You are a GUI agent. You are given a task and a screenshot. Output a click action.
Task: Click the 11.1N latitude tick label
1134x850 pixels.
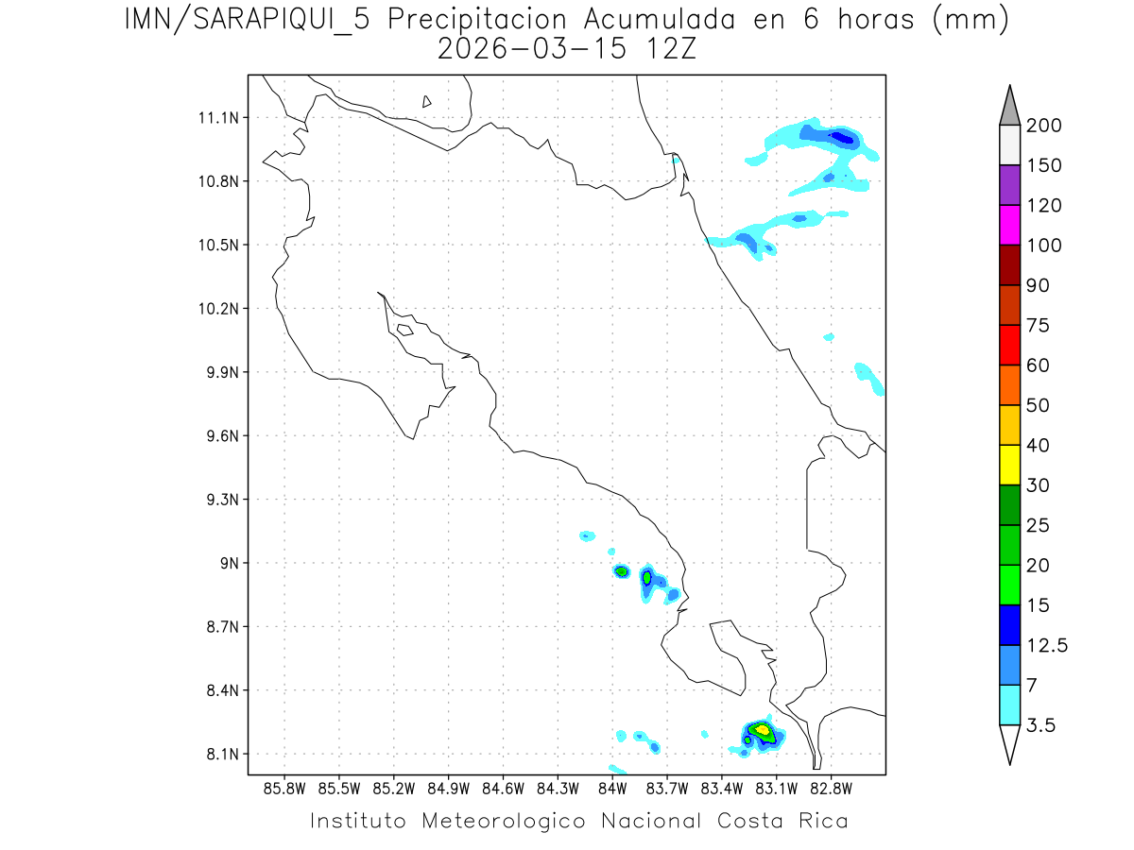pos(216,118)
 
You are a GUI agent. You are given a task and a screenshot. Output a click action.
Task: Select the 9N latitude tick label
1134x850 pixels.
pos(227,563)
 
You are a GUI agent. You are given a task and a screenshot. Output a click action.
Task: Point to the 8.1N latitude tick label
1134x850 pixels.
pos(220,754)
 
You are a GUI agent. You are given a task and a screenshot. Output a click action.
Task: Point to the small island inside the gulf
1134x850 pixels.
pos(404,330)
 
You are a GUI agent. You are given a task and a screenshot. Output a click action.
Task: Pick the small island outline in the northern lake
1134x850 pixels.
pos(427,101)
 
